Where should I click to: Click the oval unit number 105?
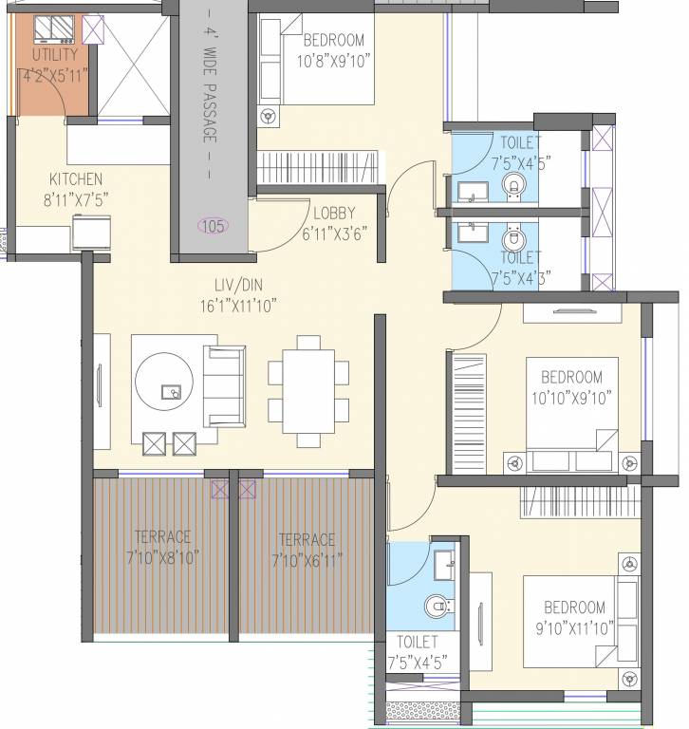click(x=214, y=226)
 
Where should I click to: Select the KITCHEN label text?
click(x=76, y=179)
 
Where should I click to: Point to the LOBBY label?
click(x=334, y=214)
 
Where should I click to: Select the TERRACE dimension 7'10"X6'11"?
click(x=307, y=558)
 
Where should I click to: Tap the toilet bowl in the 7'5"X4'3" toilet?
click(x=512, y=238)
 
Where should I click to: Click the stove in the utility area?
click(x=54, y=30)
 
